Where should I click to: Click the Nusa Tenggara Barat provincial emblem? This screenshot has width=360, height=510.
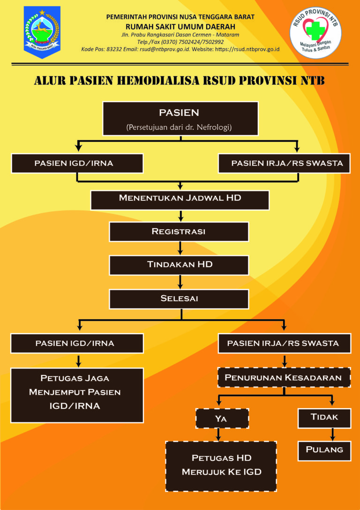point(42,32)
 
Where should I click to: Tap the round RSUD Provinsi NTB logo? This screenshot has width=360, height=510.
point(315,32)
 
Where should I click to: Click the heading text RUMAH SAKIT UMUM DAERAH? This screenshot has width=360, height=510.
point(180,26)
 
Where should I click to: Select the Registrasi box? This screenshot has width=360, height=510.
point(179,232)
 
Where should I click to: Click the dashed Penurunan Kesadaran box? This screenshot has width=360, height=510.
point(285,377)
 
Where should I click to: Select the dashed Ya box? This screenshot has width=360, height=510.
point(222,418)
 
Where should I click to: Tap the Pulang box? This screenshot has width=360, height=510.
point(324,450)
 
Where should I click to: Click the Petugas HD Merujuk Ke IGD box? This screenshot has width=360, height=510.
point(221,465)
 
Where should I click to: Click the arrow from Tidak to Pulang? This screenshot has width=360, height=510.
point(332,434)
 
